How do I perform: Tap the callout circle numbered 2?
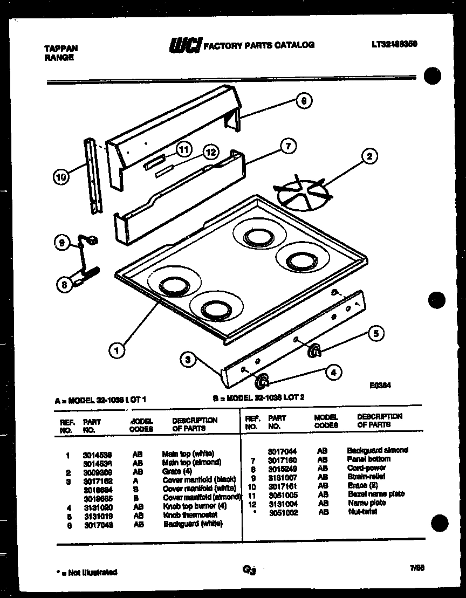click(369, 157)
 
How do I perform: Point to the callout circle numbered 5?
click(376, 334)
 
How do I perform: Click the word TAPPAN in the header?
click(60, 49)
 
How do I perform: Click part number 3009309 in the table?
click(97, 471)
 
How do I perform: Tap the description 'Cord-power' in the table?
click(366, 468)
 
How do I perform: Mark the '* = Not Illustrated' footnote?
click(86, 572)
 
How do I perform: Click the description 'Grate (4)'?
click(177, 471)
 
